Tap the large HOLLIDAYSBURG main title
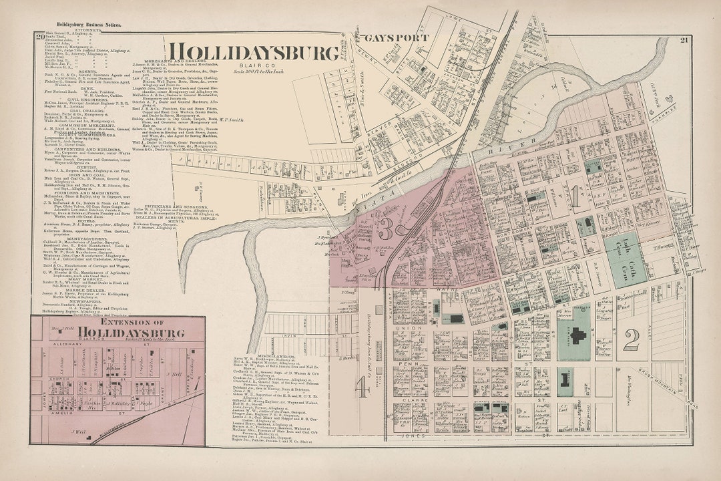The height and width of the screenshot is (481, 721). pos(253,53)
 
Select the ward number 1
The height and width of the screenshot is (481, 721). pos(575,195)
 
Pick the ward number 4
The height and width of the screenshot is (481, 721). pos(362,387)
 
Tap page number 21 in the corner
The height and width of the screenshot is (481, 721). pos(684,40)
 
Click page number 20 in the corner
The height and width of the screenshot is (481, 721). pos(40,36)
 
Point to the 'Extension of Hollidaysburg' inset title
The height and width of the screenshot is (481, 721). pos(117,327)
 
